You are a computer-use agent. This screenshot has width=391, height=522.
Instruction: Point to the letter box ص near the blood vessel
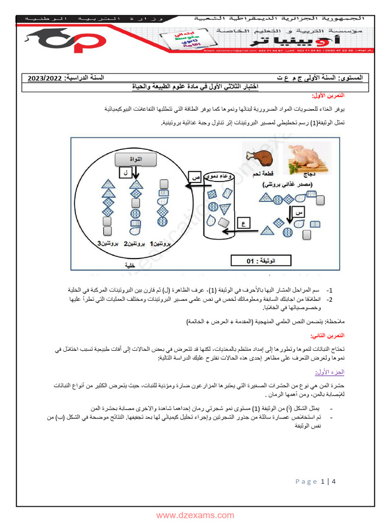[194, 176]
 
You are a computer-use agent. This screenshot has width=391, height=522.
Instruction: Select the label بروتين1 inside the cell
[159, 244]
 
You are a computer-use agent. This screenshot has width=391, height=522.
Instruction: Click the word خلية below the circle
[130, 266]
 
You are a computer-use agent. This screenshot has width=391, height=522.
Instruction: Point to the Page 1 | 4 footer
[316, 482]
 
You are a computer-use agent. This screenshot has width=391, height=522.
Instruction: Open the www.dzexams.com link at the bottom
[195, 515]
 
